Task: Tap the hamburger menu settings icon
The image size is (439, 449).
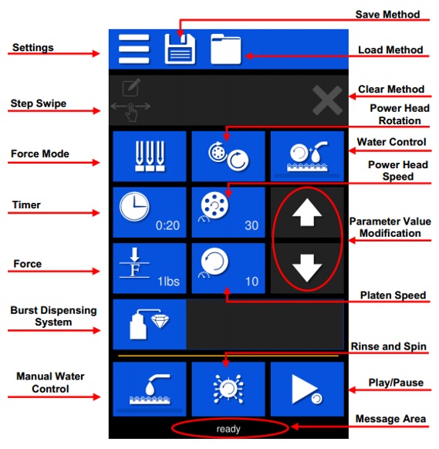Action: pos(134,49)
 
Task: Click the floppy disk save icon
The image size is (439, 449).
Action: pos(180,49)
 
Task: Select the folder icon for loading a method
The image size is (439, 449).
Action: pos(225,49)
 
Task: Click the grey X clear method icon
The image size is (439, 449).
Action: pos(327,100)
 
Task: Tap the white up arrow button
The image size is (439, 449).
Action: pos(307,212)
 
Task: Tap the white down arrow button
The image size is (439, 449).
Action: pos(307,268)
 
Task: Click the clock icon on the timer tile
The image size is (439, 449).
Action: pos(134,207)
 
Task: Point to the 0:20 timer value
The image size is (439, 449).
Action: pos(167,225)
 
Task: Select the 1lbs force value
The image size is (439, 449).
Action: pos(169,282)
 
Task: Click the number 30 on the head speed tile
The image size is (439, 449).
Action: pos(252,225)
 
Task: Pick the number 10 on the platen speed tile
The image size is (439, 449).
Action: pos(252,282)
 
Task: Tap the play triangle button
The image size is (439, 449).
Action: pos(305,389)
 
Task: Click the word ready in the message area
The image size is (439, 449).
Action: pos(228,429)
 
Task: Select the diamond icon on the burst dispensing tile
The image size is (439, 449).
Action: pos(160,321)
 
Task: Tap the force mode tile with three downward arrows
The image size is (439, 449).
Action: pos(150,157)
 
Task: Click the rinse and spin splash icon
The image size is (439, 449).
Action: pos(228,389)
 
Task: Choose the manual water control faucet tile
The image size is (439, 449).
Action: pos(150,389)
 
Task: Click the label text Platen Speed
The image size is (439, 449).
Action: pos(393,295)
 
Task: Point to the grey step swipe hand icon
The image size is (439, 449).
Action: pos(131,112)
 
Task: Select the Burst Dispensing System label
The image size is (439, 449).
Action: pos(53,316)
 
